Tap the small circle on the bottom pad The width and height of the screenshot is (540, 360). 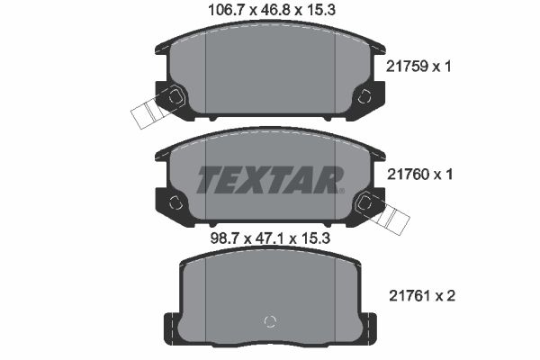(x=267, y=321)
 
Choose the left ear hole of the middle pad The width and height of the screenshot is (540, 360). (x=175, y=202)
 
